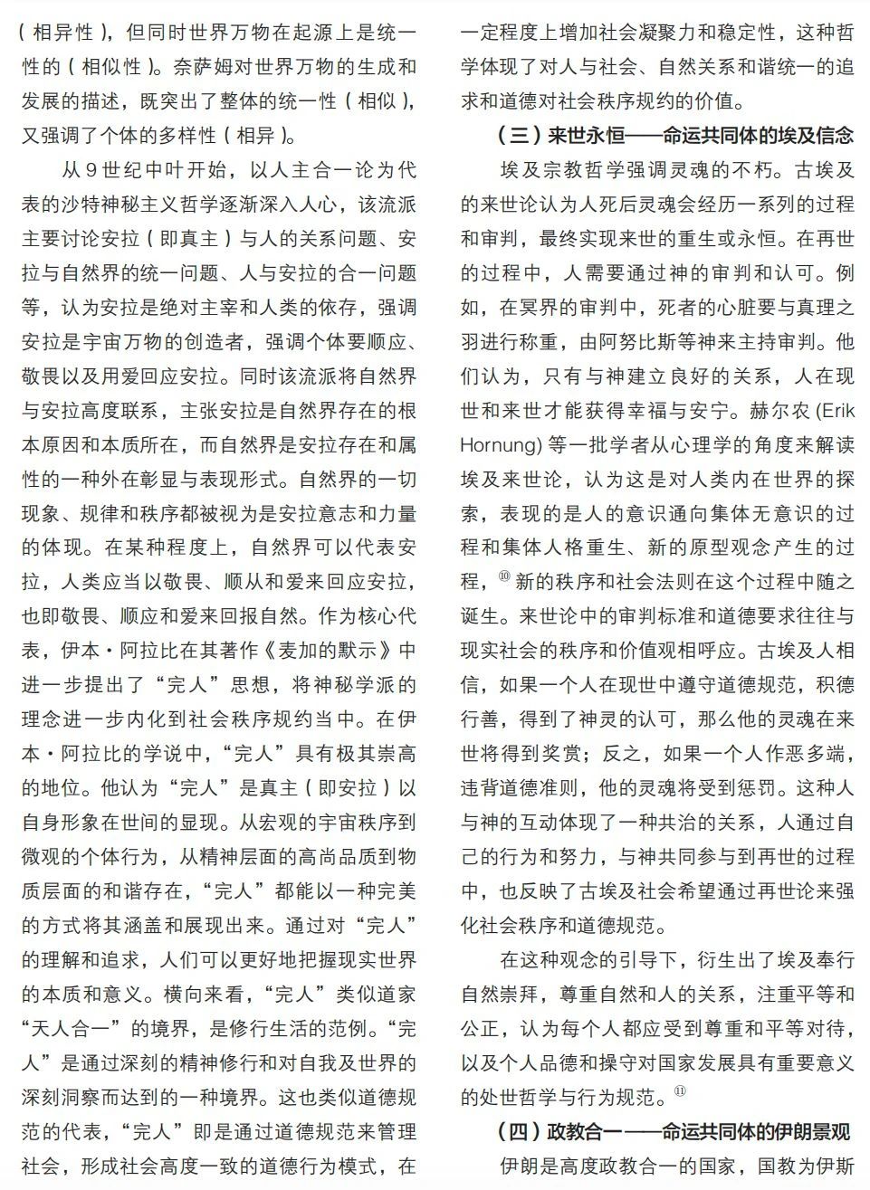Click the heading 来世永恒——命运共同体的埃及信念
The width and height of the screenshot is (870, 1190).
[x=675, y=136]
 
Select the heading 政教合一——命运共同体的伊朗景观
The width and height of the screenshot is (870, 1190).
[x=674, y=1131]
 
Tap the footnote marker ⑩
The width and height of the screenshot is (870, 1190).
[x=503, y=576]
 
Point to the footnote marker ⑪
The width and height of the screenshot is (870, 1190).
[x=681, y=1092]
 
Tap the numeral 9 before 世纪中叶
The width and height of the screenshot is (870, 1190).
[x=91, y=170]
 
